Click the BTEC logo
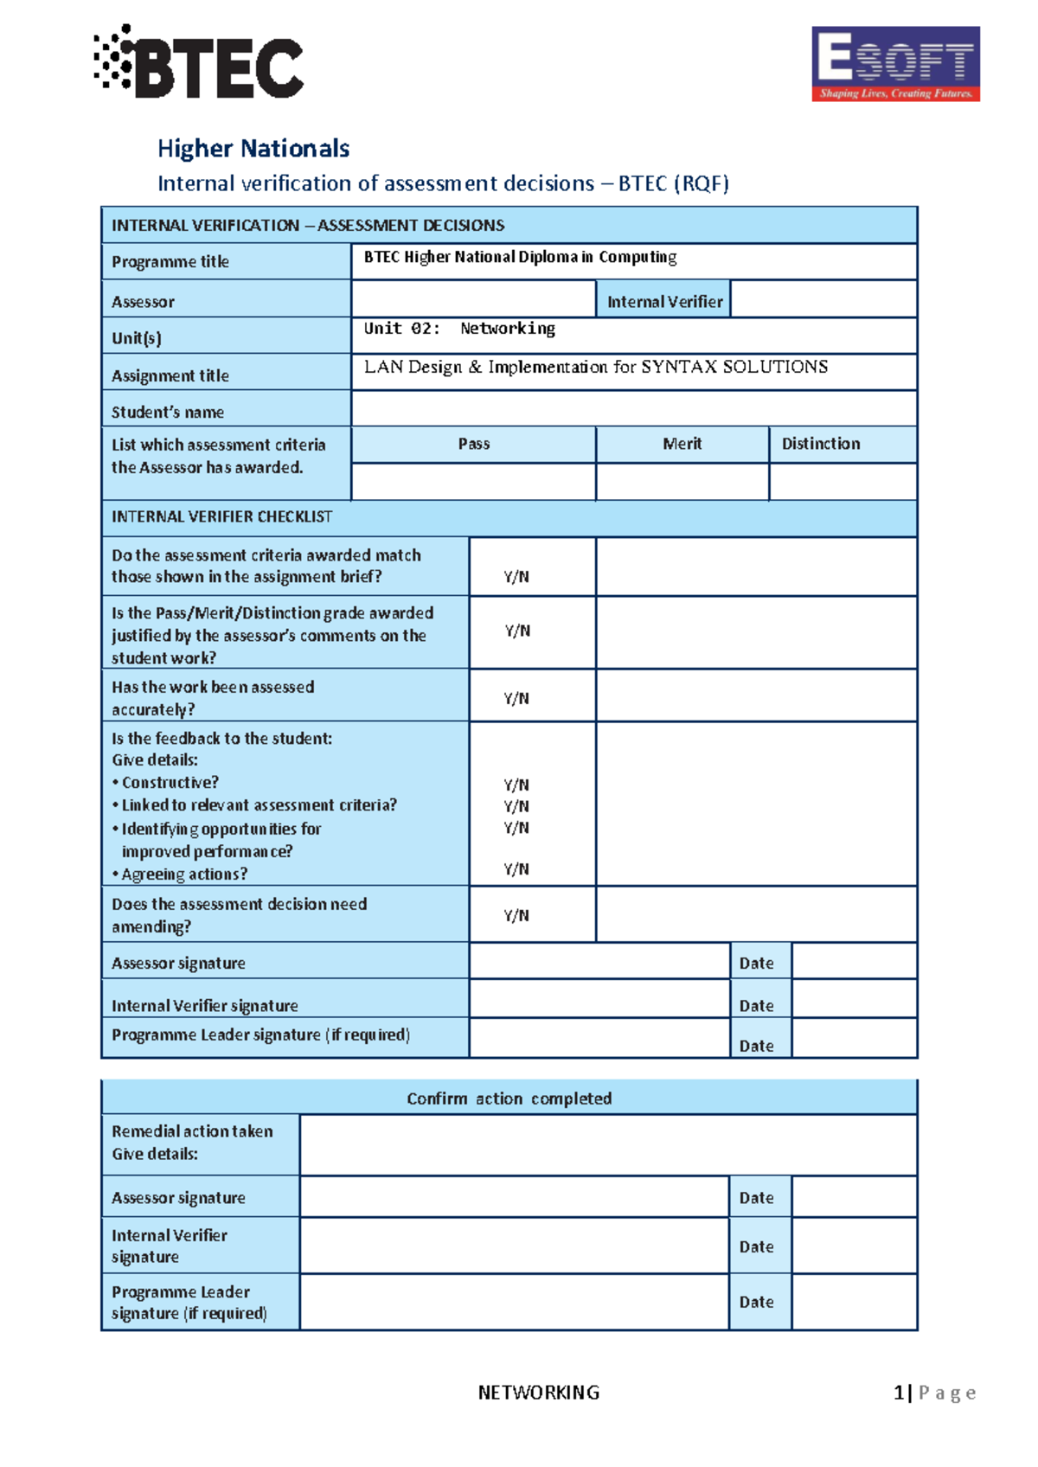[199, 62]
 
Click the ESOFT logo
[895, 63]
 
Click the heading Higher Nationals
[253, 149]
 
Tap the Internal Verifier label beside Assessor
[663, 302]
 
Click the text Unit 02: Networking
[459, 329]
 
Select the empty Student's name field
[633, 409]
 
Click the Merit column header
[682, 444]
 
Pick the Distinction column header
[821, 444]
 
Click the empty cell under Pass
[473, 482]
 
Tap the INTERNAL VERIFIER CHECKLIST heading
[221, 517]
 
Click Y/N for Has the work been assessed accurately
[516, 698]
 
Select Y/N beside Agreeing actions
[516, 869]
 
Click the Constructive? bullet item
[170, 783]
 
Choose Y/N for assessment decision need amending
[516, 915]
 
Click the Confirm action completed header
[509, 1099]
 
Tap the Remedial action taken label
[192, 1131]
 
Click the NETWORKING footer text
[538, 1393]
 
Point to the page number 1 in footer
[899, 1393]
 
